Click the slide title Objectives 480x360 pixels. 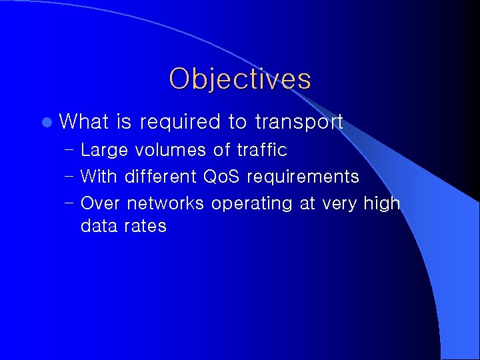tap(240, 79)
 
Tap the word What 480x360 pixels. tap(84, 121)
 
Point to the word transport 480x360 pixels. tap(298, 122)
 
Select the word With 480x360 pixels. tap(99, 177)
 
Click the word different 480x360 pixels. tap(161, 177)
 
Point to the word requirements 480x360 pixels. tap(303, 177)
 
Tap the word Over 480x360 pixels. tap(101, 203)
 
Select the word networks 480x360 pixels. tap(165, 203)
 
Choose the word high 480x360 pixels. tap(381, 204)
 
